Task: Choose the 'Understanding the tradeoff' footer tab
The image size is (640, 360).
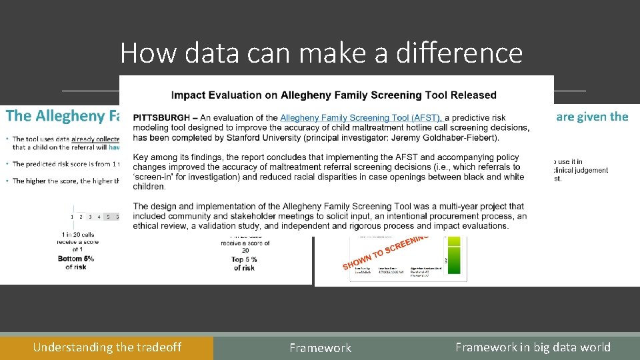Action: pyautogui.click(x=107, y=347)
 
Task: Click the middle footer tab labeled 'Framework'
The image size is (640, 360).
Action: pyautogui.click(x=320, y=348)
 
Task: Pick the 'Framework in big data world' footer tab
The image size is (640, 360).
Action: pyautogui.click(x=533, y=347)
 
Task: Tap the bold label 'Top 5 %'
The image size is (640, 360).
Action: pyautogui.click(x=245, y=259)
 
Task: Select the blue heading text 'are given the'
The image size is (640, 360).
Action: pyautogui.click(x=592, y=117)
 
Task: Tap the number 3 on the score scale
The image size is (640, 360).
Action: pyautogui.click(x=90, y=217)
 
